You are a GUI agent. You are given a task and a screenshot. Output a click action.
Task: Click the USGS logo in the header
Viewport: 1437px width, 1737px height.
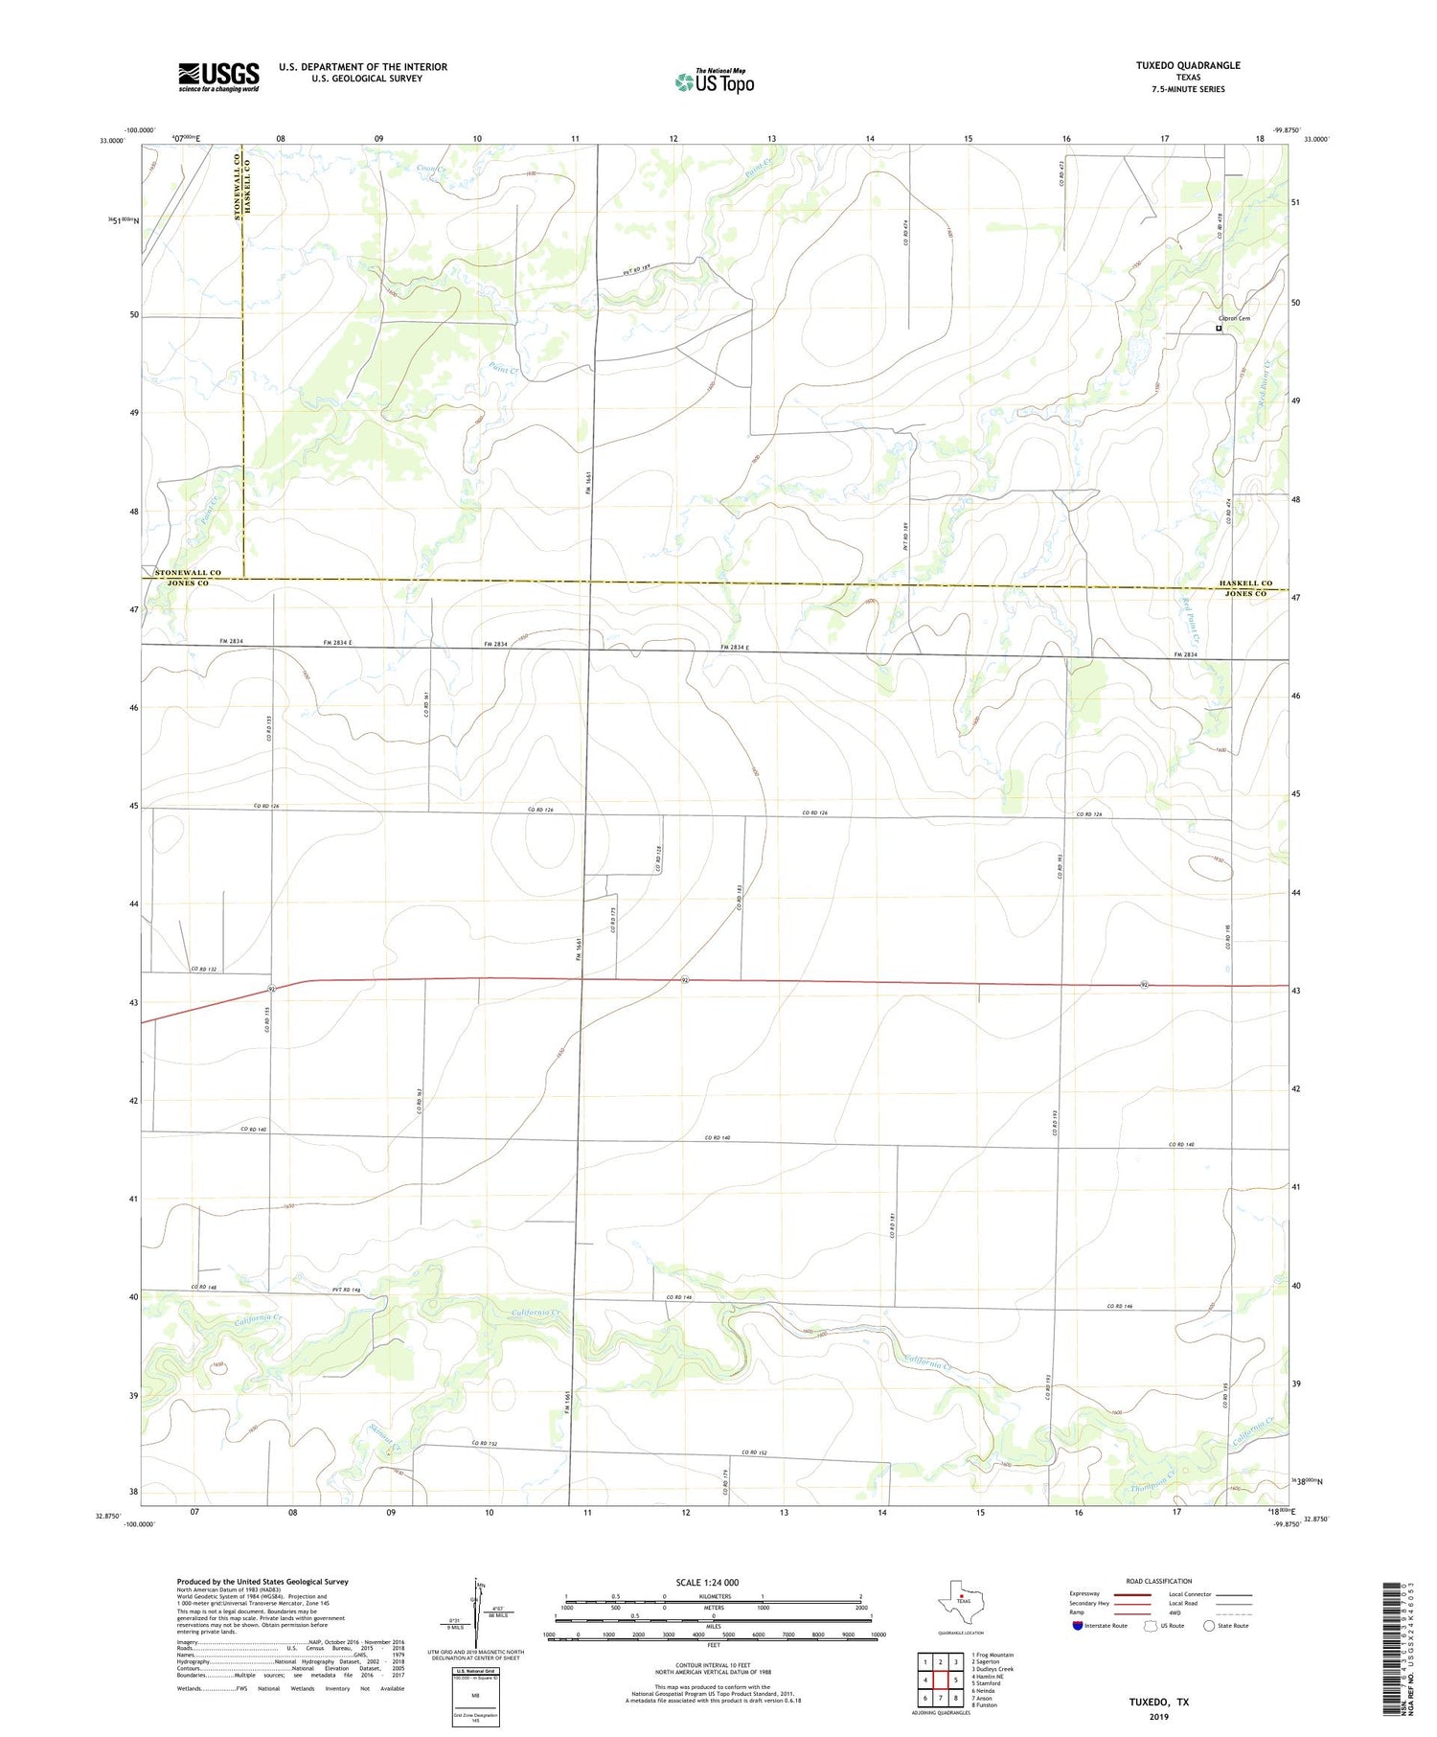218,77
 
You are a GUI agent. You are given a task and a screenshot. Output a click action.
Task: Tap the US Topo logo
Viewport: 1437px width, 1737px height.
714,82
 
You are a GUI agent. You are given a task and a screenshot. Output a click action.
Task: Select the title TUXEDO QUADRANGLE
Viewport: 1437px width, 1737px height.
1188,65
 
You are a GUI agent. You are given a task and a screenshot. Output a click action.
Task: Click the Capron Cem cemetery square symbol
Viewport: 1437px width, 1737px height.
1219,329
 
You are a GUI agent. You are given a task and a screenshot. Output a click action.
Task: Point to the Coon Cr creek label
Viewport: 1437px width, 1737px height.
431,170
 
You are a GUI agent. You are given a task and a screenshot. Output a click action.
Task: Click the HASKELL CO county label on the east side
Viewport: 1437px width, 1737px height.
1245,583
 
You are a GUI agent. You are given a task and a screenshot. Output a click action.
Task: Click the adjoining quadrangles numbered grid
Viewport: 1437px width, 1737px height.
940,1679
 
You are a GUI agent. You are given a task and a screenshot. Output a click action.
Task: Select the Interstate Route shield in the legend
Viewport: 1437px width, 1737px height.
1079,1626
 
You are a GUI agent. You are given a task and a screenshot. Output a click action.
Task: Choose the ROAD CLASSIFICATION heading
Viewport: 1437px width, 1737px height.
1159,1581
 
